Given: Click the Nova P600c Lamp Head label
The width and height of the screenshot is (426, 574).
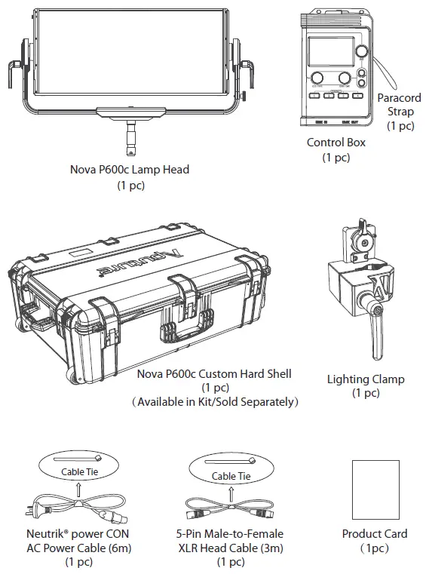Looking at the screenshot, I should tap(130, 170).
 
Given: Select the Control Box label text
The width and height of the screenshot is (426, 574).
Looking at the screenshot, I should tap(336, 143).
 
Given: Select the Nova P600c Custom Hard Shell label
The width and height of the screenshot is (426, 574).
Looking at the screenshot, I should tap(214, 373).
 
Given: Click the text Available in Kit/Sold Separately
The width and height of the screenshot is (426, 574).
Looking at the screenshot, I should tap(215, 401).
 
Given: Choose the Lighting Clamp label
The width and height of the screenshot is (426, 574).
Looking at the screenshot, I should tap(365, 379).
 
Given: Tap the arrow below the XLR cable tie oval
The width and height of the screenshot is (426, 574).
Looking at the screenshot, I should tap(229, 490).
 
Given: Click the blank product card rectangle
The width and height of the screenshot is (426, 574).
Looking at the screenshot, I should tap(375, 488).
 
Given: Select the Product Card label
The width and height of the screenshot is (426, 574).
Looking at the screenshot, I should tap(375, 533).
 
